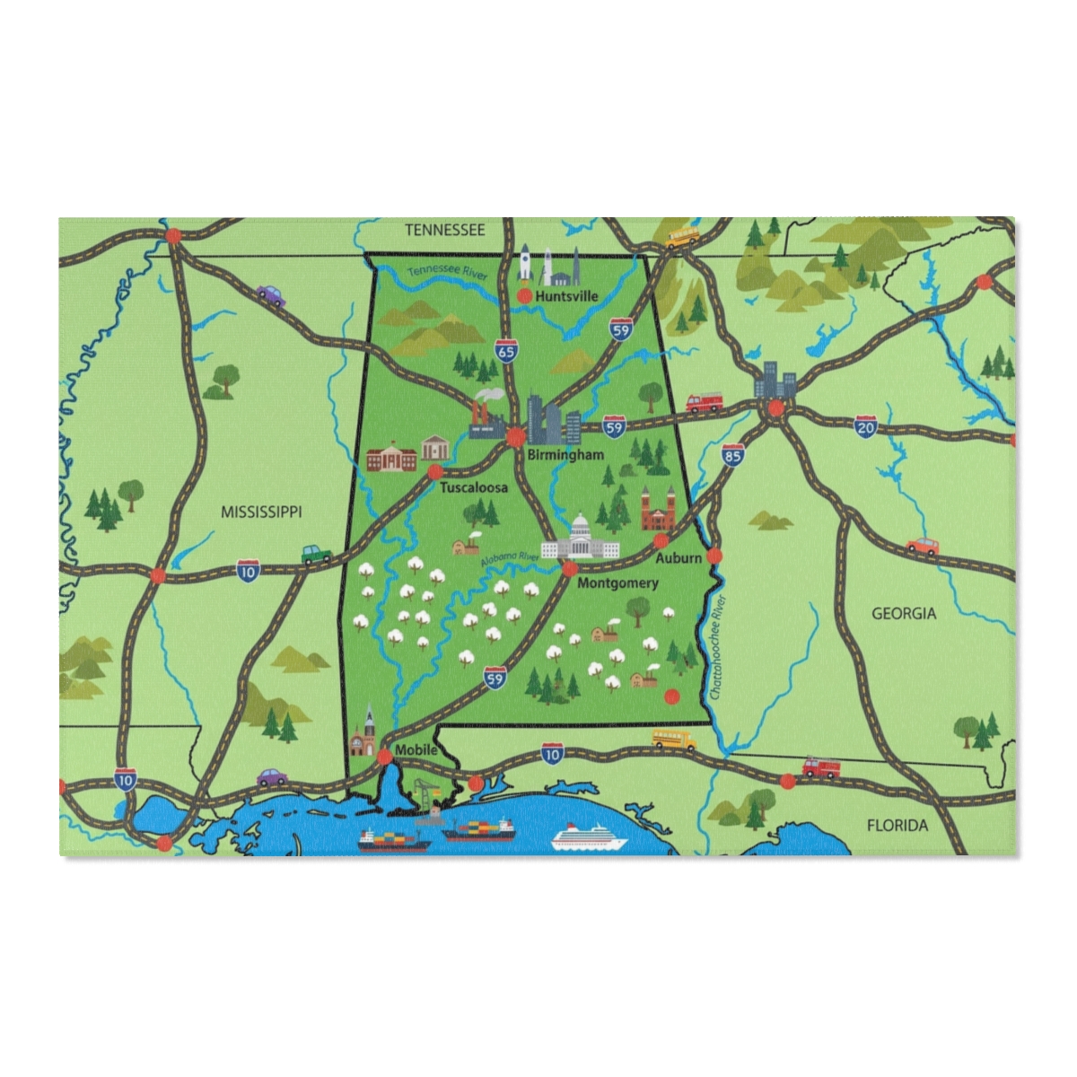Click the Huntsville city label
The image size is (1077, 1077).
(566, 294)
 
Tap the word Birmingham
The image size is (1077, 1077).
(566, 455)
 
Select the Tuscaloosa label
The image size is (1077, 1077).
(473, 487)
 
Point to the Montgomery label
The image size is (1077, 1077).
(617, 582)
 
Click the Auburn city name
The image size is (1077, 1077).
(679, 557)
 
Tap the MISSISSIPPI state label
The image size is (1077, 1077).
(261, 512)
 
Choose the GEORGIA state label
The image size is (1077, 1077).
(904, 614)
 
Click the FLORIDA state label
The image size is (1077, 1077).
(897, 825)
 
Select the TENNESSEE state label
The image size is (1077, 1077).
(444, 230)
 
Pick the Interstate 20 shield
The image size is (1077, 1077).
(865, 426)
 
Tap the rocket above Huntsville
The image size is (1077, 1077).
(527, 259)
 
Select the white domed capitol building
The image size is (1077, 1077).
(581, 540)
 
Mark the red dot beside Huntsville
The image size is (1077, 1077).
(525, 294)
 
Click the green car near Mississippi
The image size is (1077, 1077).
(316, 554)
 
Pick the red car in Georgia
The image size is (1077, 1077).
(922, 545)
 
